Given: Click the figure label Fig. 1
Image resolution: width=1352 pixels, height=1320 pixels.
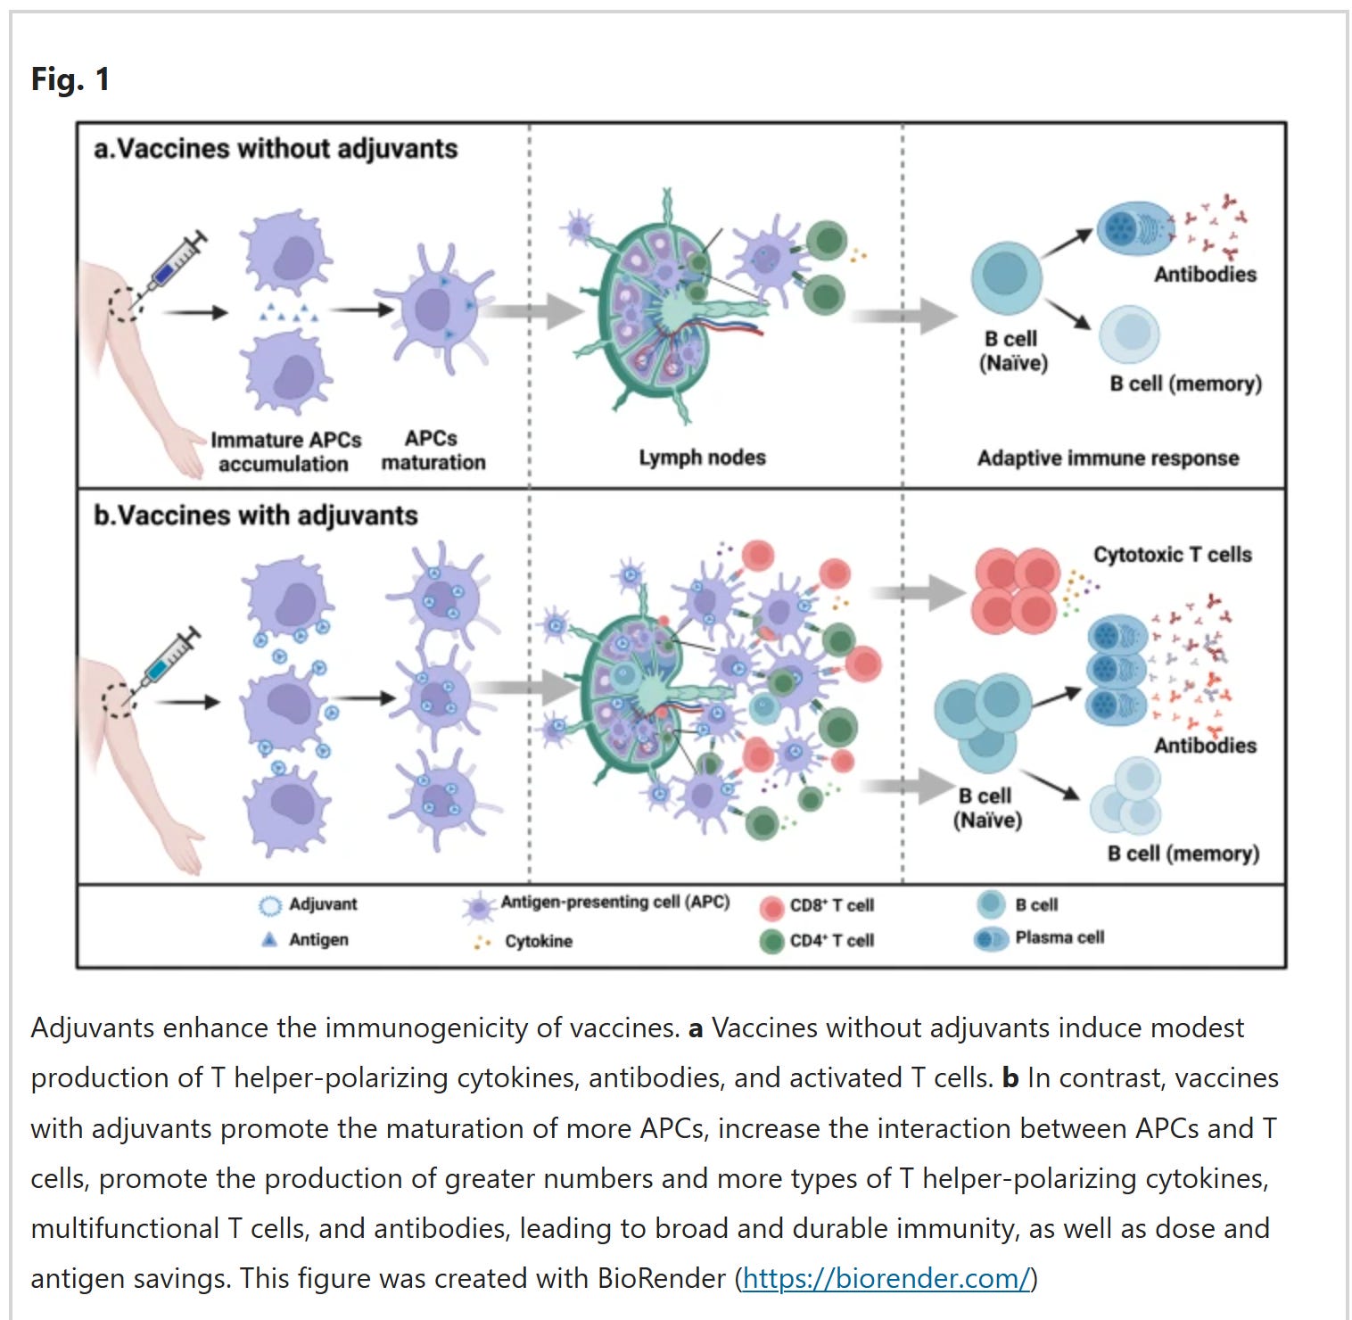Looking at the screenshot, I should [70, 79].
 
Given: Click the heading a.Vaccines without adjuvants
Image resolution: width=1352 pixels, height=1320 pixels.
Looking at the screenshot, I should [276, 148].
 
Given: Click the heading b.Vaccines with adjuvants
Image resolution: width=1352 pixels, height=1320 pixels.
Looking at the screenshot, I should [256, 516].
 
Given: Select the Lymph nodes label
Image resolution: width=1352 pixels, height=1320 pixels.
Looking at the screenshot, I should [702, 458].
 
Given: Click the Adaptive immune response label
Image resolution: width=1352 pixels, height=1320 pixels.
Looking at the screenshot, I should [1108, 458].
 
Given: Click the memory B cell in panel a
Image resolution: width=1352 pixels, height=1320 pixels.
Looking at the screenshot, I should [1129, 334].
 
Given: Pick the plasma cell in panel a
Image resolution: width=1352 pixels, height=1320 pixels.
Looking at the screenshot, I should [1134, 228].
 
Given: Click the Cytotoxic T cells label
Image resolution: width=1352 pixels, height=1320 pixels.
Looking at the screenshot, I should [1172, 555].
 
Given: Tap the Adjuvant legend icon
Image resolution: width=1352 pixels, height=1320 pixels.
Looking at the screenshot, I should [269, 905].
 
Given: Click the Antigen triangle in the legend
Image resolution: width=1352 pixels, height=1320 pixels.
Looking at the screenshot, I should [269, 939].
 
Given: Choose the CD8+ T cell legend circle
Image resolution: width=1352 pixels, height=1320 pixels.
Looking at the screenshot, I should [771, 907].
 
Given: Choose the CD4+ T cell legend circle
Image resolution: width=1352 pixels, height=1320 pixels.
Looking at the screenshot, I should [771, 941].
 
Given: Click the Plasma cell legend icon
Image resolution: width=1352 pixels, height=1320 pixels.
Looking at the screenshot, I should [991, 938].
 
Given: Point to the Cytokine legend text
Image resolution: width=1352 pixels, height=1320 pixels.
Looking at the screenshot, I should [538, 941].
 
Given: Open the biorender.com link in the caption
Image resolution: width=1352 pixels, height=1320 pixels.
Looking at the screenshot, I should [886, 1278].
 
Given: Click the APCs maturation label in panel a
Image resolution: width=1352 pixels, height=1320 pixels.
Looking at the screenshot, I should [433, 450].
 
